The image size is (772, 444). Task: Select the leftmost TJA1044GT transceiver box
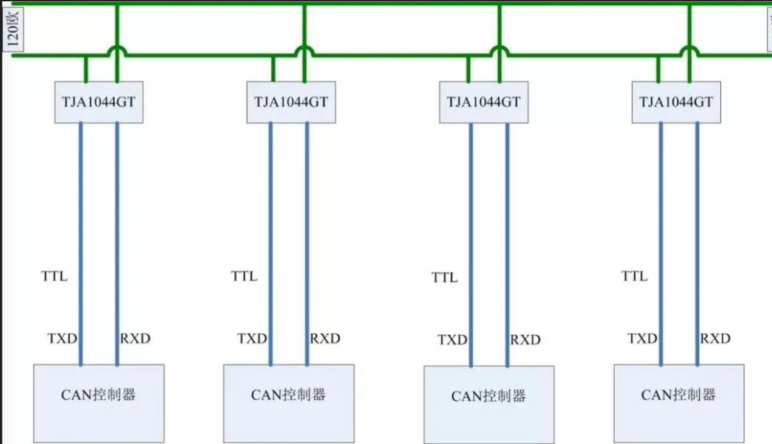click(99, 102)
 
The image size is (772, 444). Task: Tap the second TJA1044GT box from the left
click(291, 102)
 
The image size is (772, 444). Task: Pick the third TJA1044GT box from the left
click(484, 102)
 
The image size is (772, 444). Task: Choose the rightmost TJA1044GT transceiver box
click(676, 102)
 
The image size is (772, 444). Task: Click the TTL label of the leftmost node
click(55, 277)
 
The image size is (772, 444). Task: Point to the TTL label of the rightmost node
click(634, 277)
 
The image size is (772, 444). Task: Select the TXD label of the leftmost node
click(63, 338)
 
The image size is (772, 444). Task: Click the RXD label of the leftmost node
click(135, 338)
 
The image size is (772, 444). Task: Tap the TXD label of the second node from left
click(252, 338)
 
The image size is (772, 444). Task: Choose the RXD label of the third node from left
click(525, 340)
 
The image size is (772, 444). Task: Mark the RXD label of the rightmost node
click(715, 338)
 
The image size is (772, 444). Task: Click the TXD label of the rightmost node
click(642, 338)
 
